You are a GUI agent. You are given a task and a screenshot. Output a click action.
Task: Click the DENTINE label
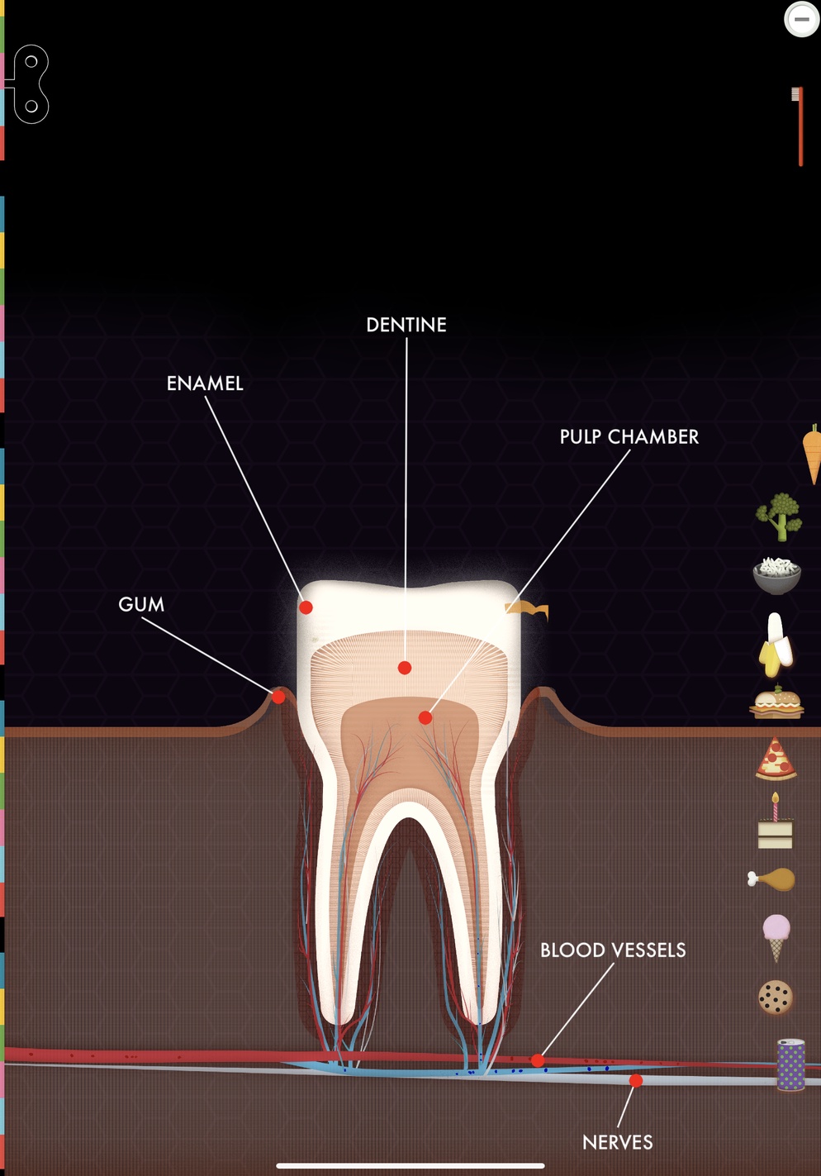pyautogui.click(x=406, y=325)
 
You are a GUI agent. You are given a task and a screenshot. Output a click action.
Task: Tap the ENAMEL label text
pyautogui.click(x=205, y=383)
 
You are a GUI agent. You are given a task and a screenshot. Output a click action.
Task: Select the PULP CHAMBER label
pyautogui.click(x=629, y=437)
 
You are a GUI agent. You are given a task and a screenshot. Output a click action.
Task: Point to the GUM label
pyautogui.click(x=141, y=604)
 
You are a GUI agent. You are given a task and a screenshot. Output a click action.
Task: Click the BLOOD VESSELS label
pyautogui.click(x=613, y=950)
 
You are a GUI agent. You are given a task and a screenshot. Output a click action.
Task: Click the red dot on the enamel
pyautogui.click(x=306, y=607)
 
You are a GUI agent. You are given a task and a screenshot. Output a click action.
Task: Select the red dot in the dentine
pyautogui.click(x=405, y=668)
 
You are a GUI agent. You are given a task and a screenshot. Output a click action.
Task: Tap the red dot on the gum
pyautogui.click(x=278, y=698)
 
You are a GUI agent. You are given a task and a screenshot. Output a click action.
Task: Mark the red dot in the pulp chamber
pyautogui.click(x=425, y=717)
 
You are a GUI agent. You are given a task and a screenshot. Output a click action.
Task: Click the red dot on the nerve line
pyautogui.click(x=636, y=1080)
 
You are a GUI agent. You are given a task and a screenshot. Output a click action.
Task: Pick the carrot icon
pyautogui.click(x=813, y=455)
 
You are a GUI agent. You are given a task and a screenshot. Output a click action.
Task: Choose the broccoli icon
pyautogui.click(x=779, y=517)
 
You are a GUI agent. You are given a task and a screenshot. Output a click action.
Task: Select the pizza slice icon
pyautogui.click(x=776, y=758)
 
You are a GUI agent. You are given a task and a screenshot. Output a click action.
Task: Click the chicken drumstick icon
pyautogui.click(x=771, y=878)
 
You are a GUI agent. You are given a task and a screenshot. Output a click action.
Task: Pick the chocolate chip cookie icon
pyautogui.click(x=776, y=997)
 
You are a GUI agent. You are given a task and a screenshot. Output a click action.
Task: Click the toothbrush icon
pyautogui.click(x=798, y=126)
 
